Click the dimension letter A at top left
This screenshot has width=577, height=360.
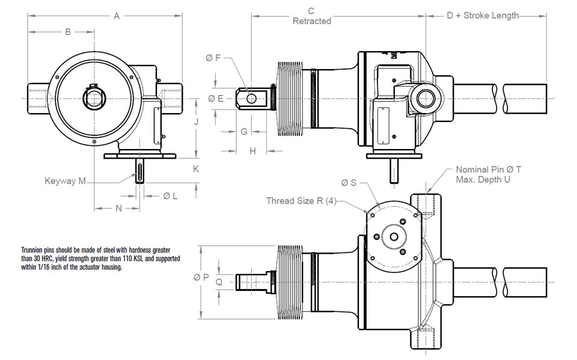click(117, 16)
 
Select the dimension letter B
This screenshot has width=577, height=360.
click(68, 31)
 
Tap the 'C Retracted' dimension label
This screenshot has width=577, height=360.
click(311, 16)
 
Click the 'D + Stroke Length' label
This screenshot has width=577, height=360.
click(483, 16)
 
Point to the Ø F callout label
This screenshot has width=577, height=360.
click(213, 58)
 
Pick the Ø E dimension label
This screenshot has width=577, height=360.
click(215, 98)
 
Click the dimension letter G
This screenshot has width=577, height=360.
click(244, 131)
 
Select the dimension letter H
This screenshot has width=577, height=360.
click(253, 151)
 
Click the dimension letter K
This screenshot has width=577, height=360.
click(196, 169)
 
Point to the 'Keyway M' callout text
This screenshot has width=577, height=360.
click(65, 180)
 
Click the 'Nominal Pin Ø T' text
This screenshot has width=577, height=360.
click(488, 169)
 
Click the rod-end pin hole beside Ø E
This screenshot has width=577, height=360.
click(251, 97)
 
